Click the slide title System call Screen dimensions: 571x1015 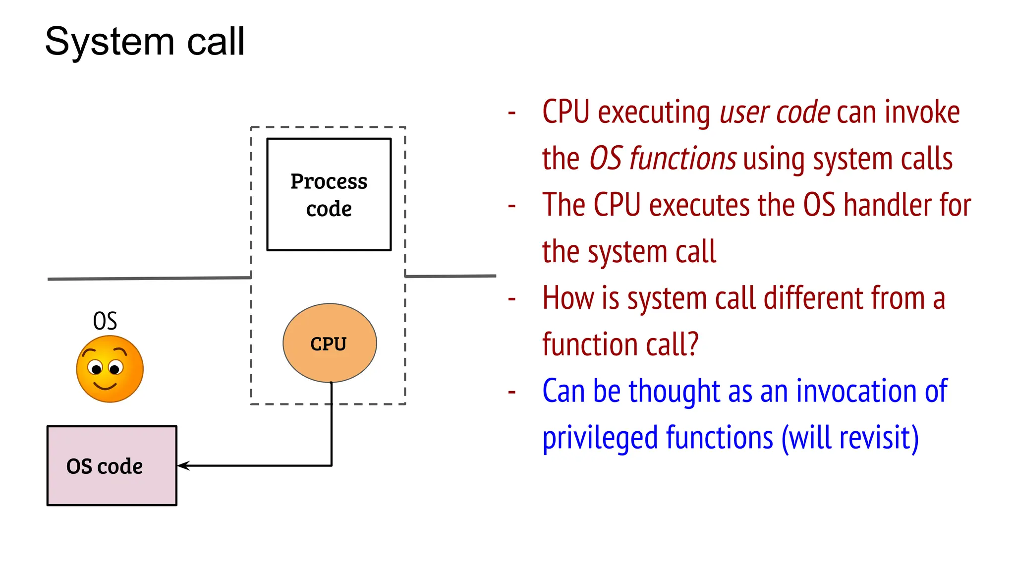click(145, 42)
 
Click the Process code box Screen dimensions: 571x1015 click(329, 194)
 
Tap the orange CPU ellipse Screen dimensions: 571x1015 click(329, 343)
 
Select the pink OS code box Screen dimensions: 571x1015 click(112, 466)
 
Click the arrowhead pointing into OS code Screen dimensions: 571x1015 click(182, 465)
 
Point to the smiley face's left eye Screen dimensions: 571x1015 click(96, 368)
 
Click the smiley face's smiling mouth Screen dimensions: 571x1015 click(106, 386)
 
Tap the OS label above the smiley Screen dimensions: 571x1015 click(105, 321)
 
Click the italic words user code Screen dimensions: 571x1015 click(775, 113)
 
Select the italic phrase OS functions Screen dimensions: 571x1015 click(663, 159)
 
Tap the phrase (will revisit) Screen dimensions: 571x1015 click(849, 438)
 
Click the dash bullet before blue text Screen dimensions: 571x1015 click(512, 392)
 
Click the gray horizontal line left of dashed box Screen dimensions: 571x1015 click(149, 278)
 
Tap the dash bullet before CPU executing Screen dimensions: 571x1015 click(512, 113)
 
